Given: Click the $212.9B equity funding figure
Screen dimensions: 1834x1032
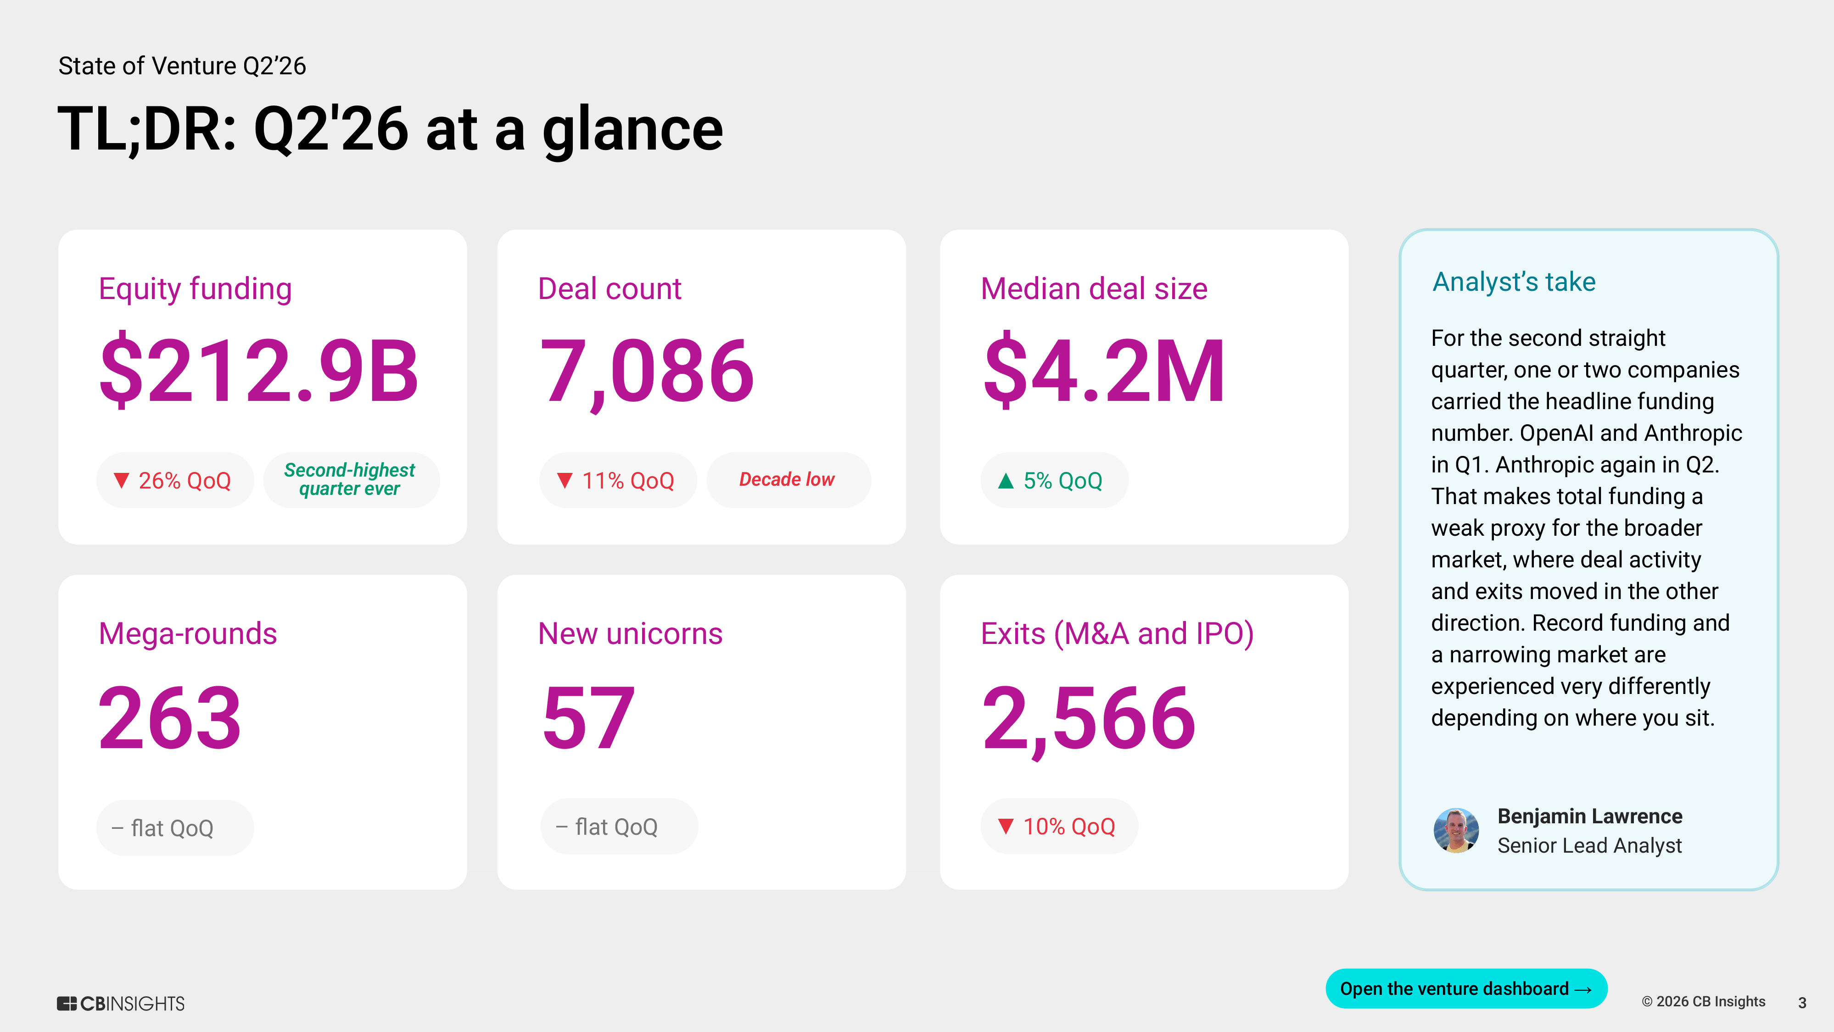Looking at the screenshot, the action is click(x=259, y=370).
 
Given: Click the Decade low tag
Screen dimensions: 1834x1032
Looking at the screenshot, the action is click(x=788, y=480).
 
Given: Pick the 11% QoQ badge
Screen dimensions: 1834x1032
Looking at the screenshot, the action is click(x=618, y=480).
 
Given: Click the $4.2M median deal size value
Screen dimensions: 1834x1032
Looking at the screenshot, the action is click(x=1103, y=370).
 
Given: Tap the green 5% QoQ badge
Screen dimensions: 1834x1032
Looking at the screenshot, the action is click(x=1054, y=480).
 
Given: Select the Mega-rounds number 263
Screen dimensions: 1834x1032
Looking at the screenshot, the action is click(x=170, y=717).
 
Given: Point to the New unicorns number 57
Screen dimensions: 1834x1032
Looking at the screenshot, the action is click(x=588, y=717).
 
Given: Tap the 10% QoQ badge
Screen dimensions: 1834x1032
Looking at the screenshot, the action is click(x=1059, y=827).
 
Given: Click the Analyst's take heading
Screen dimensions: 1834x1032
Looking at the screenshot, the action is click(x=1514, y=282).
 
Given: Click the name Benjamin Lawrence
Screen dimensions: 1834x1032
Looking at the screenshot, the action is click(x=1590, y=816).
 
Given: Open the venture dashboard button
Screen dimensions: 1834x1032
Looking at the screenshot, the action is click(x=1466, y=988).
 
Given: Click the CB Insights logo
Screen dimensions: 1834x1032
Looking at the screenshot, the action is click(x=121, y=1004).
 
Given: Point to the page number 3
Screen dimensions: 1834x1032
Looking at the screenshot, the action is click(x=1802, y=1003).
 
